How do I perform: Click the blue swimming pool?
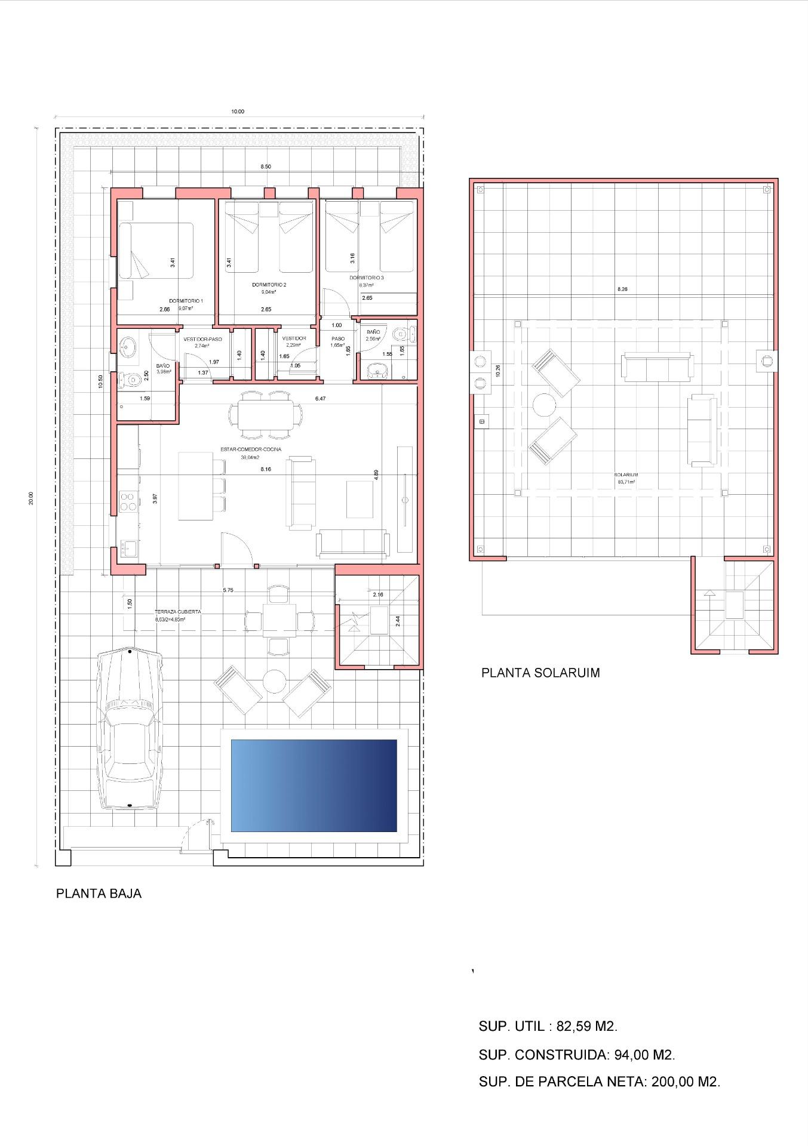[314, 785]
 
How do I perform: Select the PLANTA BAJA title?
[99, 894]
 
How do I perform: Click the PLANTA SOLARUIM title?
[540, 673]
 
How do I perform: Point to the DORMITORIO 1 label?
[186, 301]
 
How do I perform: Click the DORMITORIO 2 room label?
[269, 285]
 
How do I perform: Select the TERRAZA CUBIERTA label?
[177, 612]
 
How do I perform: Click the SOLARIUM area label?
[626, 475]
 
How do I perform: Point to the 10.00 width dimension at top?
[238, 112]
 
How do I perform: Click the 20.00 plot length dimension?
[31, 497]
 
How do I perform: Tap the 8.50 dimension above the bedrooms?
[265, 167]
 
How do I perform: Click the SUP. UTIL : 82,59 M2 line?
[548, 1027]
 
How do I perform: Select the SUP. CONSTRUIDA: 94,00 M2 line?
[576, 1055]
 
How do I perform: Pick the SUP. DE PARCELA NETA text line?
[599, 1082]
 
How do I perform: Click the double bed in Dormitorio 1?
[156, 251]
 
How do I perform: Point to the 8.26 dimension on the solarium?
[622, 289]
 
